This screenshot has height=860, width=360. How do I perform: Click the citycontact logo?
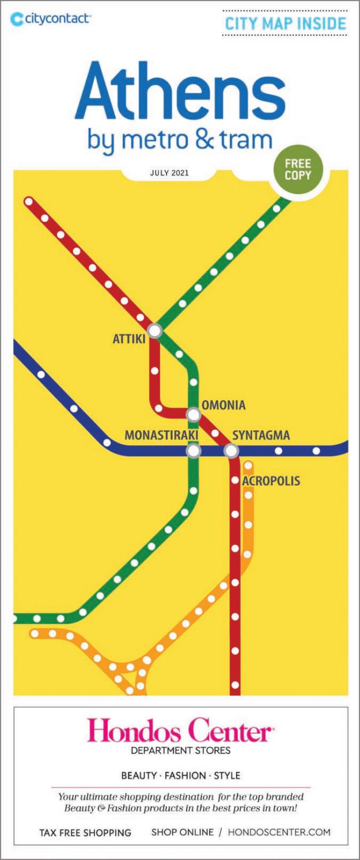click(50, 19)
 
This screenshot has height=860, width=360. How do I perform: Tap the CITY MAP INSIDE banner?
click(285, 24)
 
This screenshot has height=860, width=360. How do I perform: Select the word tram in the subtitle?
click(244, 139)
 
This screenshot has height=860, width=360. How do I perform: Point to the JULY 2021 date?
click(169, 172)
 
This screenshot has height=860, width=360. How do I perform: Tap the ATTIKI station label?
click(128, 340)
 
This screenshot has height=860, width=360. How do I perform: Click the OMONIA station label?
click(223, 406)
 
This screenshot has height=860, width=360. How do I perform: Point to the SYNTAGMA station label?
click(261, 435)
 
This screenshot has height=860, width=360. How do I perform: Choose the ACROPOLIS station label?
click(271, 480)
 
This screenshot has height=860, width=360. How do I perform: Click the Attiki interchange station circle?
click(154, 331)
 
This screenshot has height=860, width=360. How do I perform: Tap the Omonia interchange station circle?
click(194, 414)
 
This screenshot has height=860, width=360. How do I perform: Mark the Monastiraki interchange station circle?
click(194, 450)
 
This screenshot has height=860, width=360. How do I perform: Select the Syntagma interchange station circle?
click(231, 450)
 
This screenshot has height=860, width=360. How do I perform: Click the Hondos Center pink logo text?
click(180, 733)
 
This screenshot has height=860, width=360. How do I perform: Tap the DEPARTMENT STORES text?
click(180, 751)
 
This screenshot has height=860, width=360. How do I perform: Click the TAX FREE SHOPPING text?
click(85, 832)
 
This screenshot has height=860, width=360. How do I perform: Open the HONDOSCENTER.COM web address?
click(279, 832)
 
